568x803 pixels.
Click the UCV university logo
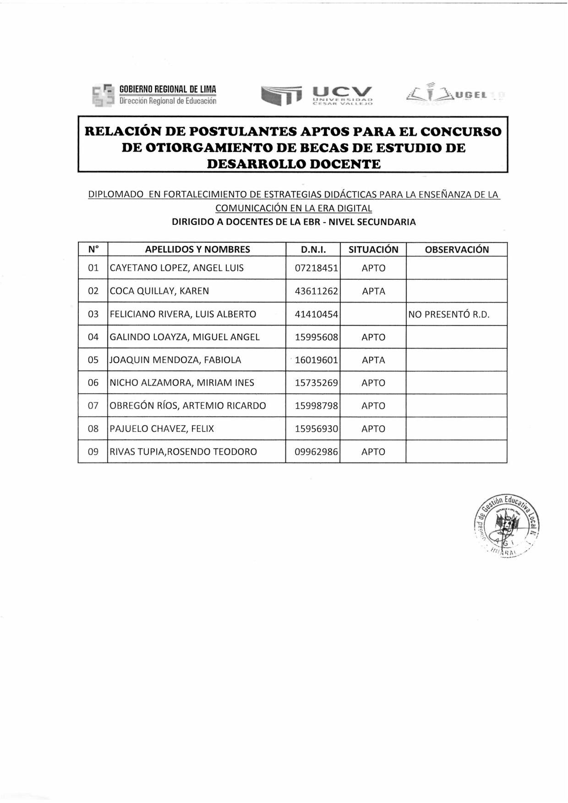coord(317,95)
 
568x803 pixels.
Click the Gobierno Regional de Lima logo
coord(154,95)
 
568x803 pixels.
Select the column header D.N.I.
coord(313,250)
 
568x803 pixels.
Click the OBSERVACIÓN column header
coord(457,250)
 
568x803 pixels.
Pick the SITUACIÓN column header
coord(373,250)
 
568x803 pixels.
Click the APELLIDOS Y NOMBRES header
coord(197,250)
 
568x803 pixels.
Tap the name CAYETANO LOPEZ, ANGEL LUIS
coord(177,268)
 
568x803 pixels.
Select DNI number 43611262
coord(317,291)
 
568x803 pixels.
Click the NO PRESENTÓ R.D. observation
coord(449,315)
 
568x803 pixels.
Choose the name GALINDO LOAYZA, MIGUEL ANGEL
coord(185,337)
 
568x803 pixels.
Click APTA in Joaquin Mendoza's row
coord(373,360)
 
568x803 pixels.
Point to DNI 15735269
coord(317,383)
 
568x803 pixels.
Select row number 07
coord(93,406)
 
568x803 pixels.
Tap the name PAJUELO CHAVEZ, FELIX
coord(162,429)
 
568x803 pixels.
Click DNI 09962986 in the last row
coord(317,452)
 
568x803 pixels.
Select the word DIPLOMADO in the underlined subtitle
coord(115,194)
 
